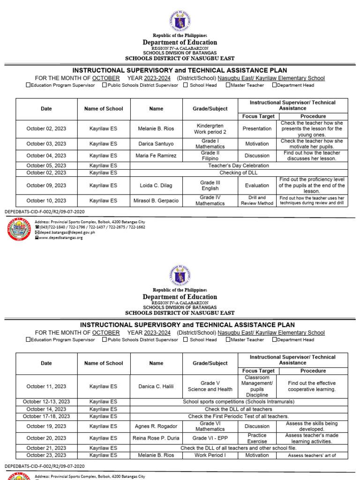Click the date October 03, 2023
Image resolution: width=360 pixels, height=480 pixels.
click(46, 144)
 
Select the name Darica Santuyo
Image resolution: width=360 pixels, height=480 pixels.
click(156, 144)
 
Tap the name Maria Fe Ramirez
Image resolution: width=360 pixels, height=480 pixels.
click(156, 156)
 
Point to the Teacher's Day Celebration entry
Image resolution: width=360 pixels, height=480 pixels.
click(239, 165)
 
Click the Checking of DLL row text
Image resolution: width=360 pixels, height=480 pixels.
click(239, 172)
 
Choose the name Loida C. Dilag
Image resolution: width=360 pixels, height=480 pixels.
click(156, 186)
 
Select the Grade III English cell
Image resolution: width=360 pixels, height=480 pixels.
click(210, 186)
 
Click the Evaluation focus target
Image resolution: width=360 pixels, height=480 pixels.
click(257, 186)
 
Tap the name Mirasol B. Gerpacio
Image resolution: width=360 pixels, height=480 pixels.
click(156, 201)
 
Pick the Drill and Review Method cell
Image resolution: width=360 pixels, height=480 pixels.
click(257, 201)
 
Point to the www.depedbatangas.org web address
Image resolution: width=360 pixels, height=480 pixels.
click(61, 238)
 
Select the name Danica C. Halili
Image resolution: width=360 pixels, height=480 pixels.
click(156, 387)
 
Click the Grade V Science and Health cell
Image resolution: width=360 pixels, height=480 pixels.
click(210, 387)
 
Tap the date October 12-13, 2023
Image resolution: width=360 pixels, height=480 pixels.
click(46, 402)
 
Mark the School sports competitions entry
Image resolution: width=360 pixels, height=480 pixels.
click(239, 402)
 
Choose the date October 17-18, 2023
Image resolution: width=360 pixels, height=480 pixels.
click(46, 416)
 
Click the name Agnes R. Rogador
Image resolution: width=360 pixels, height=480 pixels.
click(156, 427)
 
